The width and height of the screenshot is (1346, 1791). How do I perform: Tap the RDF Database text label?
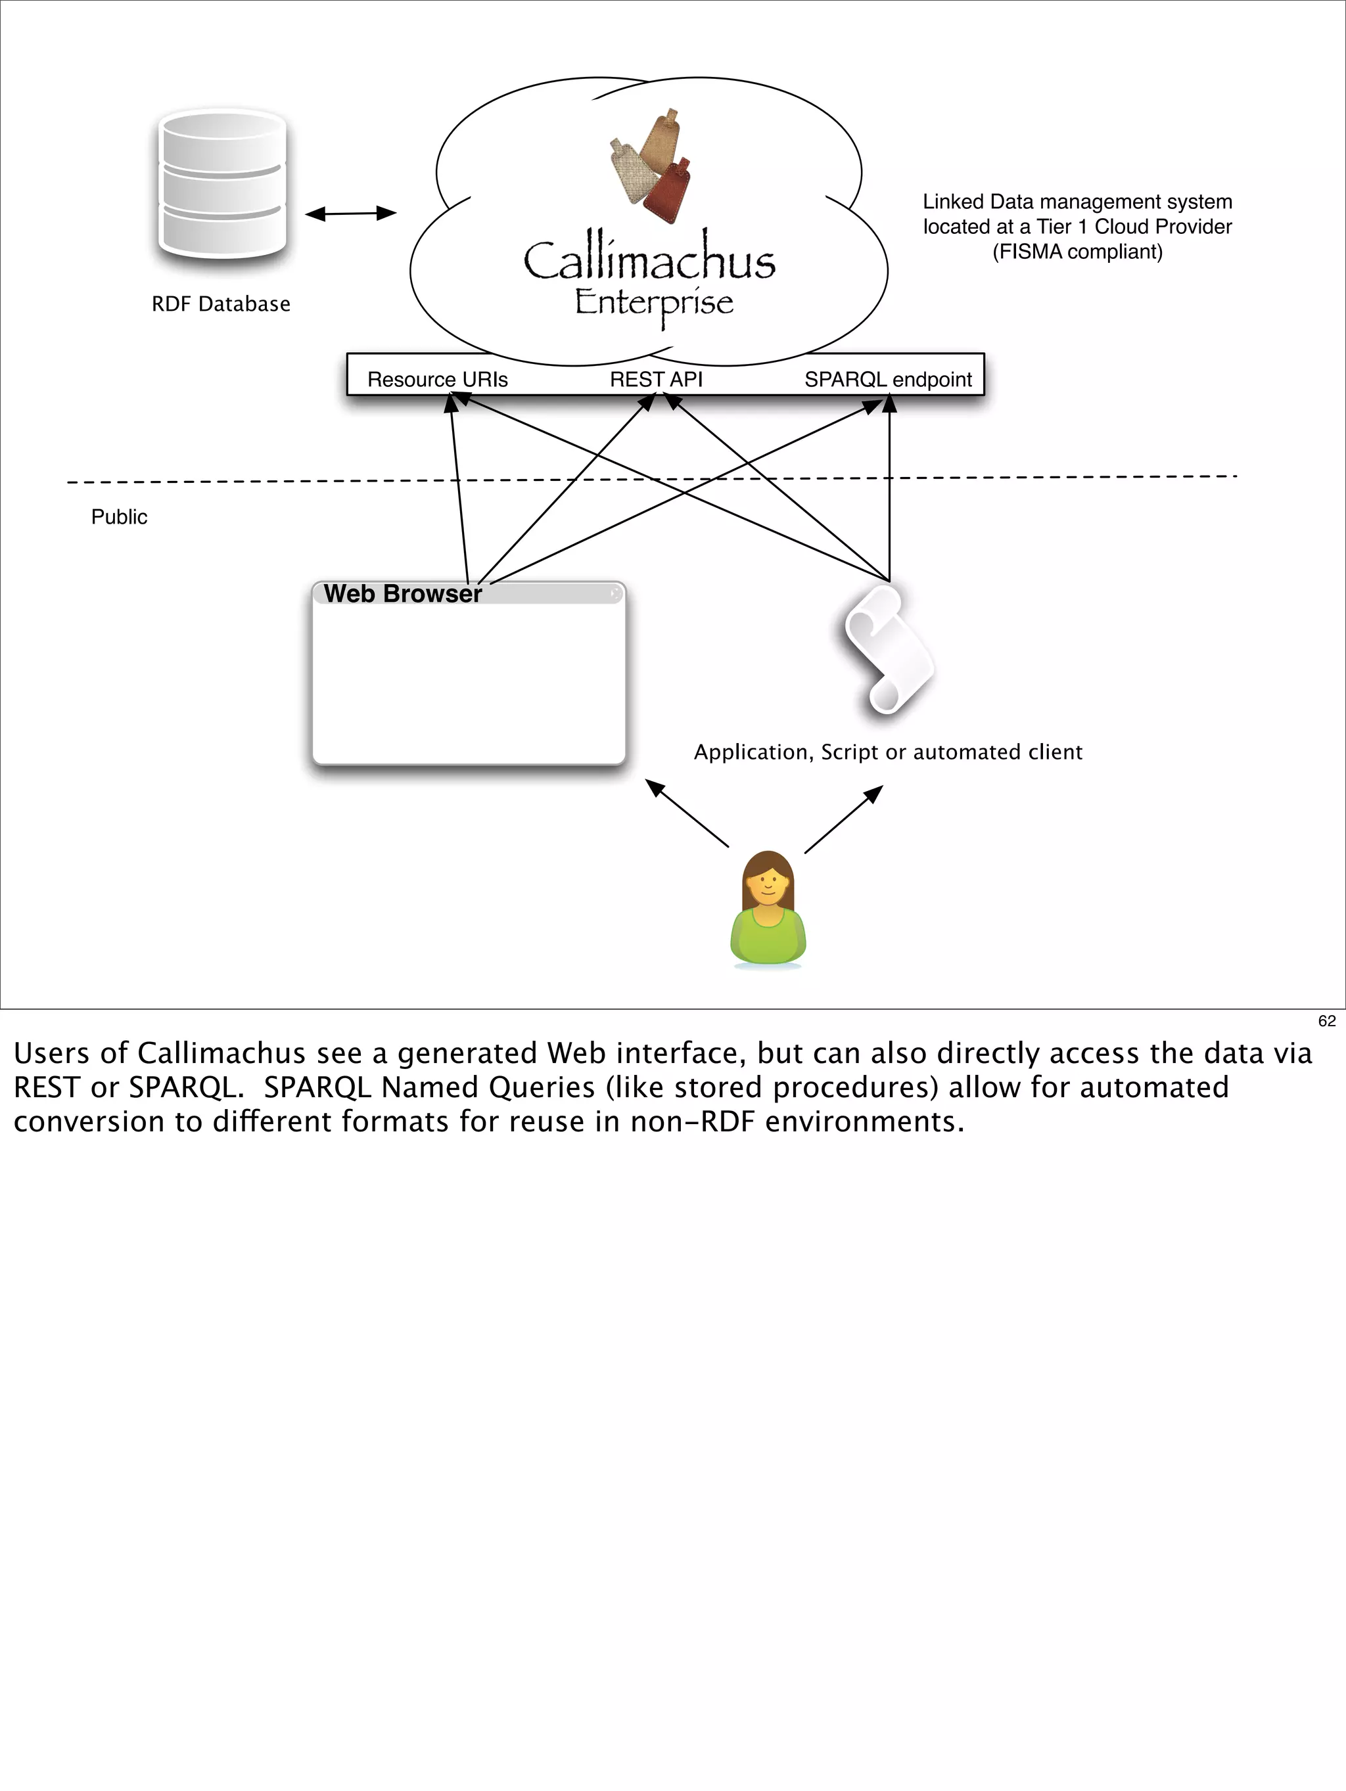tap(221, 304)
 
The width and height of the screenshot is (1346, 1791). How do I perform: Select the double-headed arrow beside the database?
tap(351, 214)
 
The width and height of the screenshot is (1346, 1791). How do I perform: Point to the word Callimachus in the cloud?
tap(649, 261)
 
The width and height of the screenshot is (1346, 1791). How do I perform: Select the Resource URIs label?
tap(437, 380)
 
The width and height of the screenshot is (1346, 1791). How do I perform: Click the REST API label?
tap(656, 380)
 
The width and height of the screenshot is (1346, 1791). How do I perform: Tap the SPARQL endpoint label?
tap(888, 380)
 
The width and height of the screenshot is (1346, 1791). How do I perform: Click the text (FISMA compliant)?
tap(1077, 252)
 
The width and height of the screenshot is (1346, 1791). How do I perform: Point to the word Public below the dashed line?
tap(119, 517)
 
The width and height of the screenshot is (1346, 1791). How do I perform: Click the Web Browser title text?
tap(402, 593)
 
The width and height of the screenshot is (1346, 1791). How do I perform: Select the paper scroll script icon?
tap(889, 650)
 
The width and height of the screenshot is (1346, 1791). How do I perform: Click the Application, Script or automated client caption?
tap(888, 752)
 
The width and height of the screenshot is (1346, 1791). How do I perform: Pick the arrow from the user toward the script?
tap(843, 819)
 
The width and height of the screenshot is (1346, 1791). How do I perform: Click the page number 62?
tap(1326, 1021)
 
